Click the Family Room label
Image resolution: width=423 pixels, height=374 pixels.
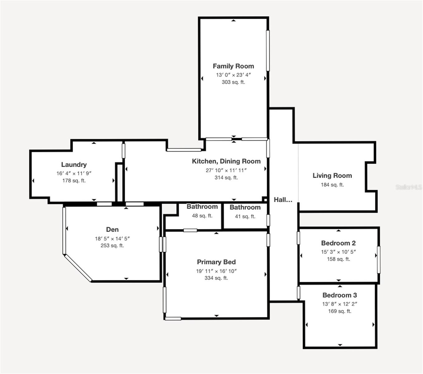pyautogui.click(x=233, y=66)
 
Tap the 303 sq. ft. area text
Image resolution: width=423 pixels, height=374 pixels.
pyautogui.click(x=233, y=82)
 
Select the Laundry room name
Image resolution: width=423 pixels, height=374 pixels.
pyautogui.click(x=74, y=165)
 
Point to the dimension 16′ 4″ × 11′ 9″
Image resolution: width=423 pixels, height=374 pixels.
pyautogui.click(x=74, y=173)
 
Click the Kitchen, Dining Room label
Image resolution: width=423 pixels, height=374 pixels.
pyautogui.click(x=226, y=161)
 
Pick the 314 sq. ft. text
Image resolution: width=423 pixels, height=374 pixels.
pyautogui.click(x=226, y=178)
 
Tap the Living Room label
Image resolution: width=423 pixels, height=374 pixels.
pyautogui.click(x=332, y=175)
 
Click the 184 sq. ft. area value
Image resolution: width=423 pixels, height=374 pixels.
pyautogui.click(x=332, y=185)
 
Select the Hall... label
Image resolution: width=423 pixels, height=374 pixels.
pyautogui.click(x=283, y=200)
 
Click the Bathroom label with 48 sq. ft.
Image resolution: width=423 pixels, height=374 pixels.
pyautogui.click(x=202, y=207)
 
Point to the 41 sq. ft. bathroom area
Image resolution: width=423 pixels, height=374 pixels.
pyautogui.click(x=245, y=216)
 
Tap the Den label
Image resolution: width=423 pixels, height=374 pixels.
pyautogui.click(x=112, y=229)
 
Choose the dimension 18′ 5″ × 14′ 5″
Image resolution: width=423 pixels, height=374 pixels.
pyautogui.click(x=112, y=238)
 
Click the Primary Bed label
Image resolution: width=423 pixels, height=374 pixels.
pyautogui.click(x=216, y=262)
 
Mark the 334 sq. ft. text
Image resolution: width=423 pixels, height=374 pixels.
pyautogui.click(x=216, y=278)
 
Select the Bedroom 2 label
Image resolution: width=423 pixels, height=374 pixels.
pyautogui.click(x=339, y=243)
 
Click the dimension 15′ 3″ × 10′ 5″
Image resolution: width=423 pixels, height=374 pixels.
pyautogui.click(x=339, y=252)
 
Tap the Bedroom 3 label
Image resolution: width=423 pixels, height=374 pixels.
pyautogui.click(x=340, y=295)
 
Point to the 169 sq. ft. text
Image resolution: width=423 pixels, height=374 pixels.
pyautogui.click(x=340, y=311)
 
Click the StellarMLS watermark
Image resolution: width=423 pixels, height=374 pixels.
pyautogui.click(x=409, y=187)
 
